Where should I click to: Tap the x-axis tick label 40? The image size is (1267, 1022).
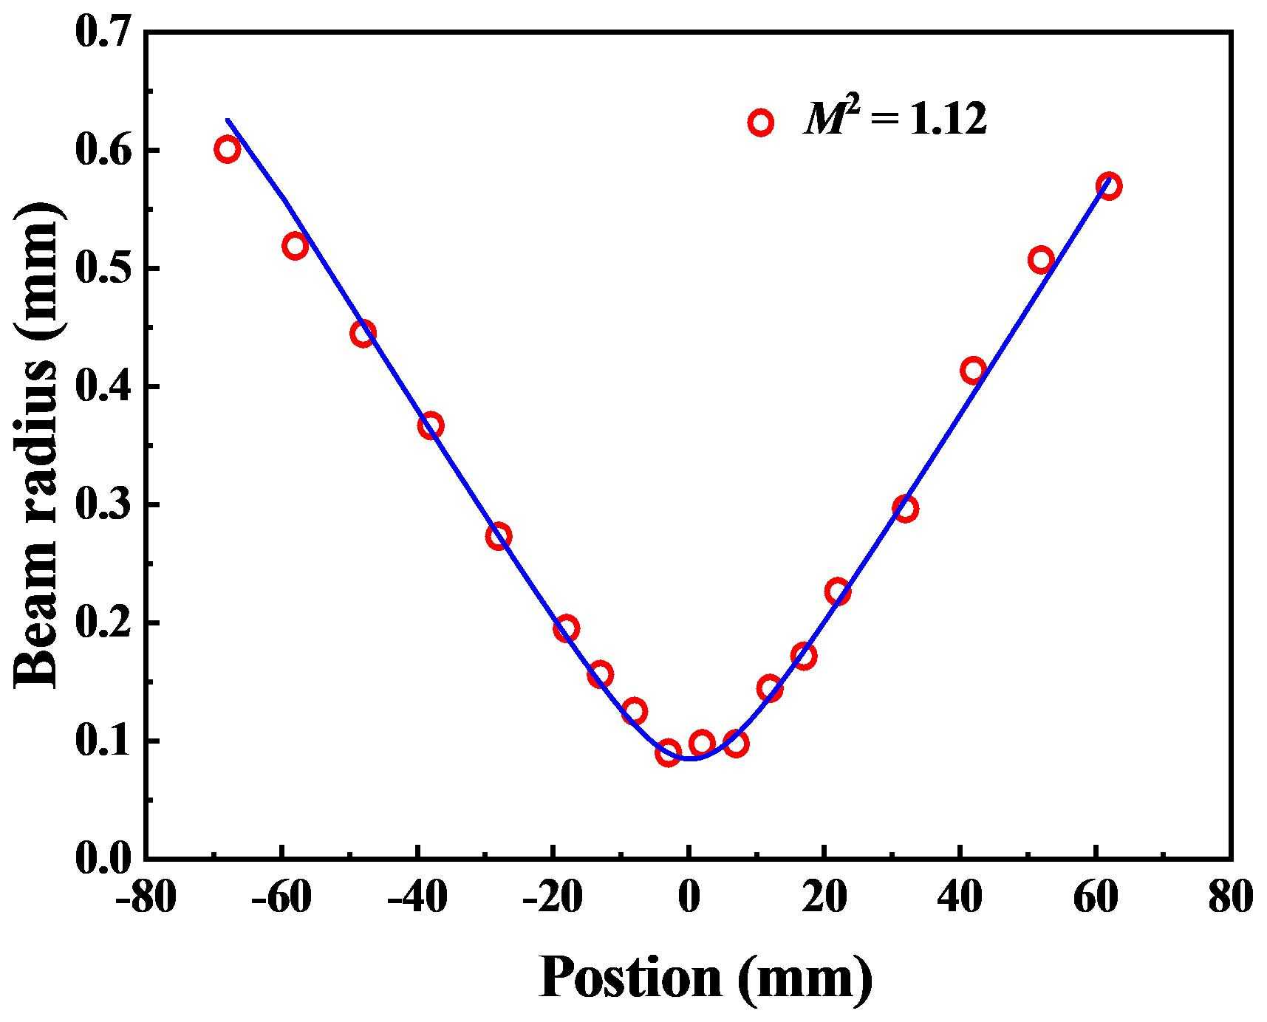pyautogui.click(x=960, y=900)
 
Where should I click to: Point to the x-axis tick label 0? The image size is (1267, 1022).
pyautogui.click(x=689, y=900)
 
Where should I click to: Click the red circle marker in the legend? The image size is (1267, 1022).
pyautogui.click(x=760, y=123)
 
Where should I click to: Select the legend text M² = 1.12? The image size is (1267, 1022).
pyautogui.click(x=895, y=120)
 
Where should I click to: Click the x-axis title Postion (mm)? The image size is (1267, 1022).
pyautogui.click(x=706, y=977)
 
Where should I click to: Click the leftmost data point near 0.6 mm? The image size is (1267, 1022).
pyautogui.click(x=227, y=149)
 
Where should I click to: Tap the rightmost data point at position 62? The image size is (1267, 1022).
pyautogui.click(x=1108, y=185)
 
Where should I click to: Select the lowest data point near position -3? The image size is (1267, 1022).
pyautogui.click(x=668, y=752)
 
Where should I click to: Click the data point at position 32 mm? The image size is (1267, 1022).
pyautogui.click(x=905, y=508)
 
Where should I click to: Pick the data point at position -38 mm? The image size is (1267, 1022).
pyautogui.click(x=431, y=426)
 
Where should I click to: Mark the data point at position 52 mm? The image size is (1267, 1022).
pyautogui.click(x=1040, y=260)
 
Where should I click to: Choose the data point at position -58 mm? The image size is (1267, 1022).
pyautogui.click(x=295, y=246)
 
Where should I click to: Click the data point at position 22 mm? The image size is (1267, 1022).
pyautogui.click(x=837, y=591)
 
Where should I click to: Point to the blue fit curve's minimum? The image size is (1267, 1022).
pyautogui.click(x=691, y=758)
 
